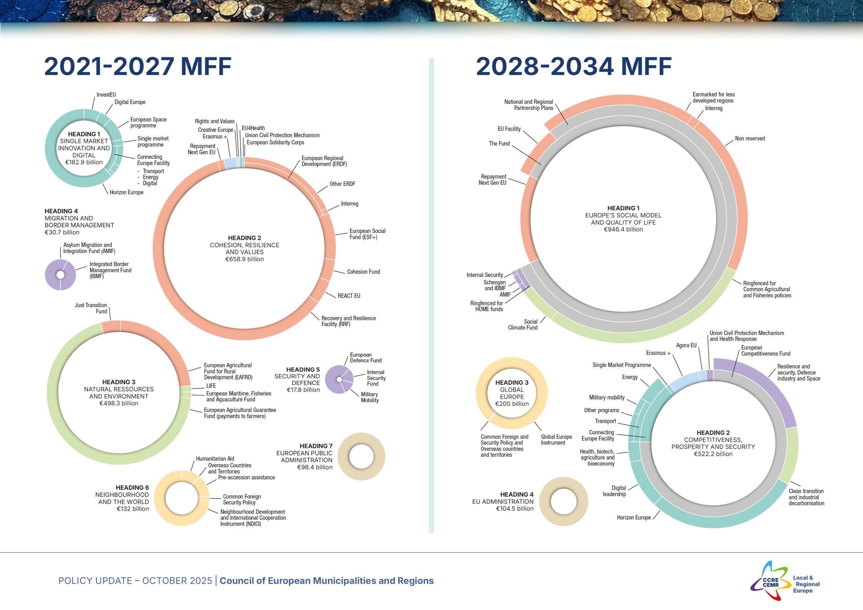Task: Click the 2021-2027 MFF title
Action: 138,66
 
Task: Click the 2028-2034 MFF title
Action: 573,66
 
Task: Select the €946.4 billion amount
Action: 623,230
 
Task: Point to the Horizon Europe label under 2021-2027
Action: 126,192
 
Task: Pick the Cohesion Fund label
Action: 363,272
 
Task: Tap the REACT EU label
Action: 349,296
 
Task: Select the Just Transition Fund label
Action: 91,308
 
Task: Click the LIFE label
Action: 211,386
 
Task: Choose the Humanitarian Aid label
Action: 215,459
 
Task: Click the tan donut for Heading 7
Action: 361,457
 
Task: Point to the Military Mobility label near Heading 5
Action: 369,397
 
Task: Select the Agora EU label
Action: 686,345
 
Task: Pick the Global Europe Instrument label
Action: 556,440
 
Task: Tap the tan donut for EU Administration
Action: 563,501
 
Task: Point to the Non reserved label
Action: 749,139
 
